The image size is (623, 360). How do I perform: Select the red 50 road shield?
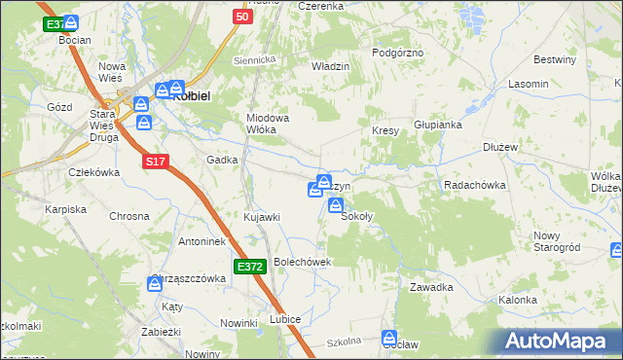(x=242, y=17)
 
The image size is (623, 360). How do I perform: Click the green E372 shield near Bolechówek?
(x=249, y=266)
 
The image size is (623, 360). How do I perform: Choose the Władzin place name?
(x=330, y=65)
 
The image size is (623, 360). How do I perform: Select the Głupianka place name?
(x=437, y=125)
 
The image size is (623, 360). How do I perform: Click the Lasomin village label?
(x=528, y=85)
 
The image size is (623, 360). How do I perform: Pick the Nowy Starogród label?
(x=557, y=242)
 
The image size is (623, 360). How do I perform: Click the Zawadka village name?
(x=431, y=287)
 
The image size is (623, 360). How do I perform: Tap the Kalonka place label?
(x=518, y=300)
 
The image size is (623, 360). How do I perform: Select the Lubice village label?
(x=285, y=319)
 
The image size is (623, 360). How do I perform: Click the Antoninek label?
(x=202, y=240)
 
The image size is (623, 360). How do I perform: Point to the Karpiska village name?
(x=66, y=208)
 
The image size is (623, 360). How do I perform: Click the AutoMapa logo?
(x=560, y=341)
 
